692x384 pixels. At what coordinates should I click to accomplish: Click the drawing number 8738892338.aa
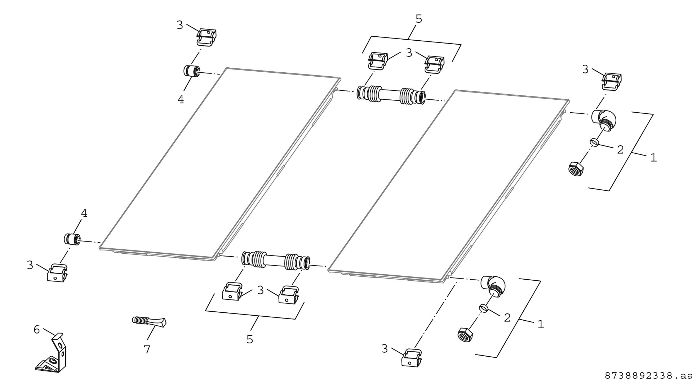(x=648, y=376)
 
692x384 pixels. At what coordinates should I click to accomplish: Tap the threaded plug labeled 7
(x=149, y=321)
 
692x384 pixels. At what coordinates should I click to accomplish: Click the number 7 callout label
(x=147, y=349)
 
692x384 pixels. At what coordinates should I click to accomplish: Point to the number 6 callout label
(x=37, y=329)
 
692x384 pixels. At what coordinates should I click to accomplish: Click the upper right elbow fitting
(x=604, y=120)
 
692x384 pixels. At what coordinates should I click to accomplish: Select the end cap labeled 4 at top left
(x=191, y=71)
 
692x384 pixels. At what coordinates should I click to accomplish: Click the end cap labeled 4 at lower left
(x=71, y=239)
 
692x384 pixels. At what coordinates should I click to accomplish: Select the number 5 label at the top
(x=418, y=19)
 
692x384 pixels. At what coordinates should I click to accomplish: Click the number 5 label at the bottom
(x=250, y=339)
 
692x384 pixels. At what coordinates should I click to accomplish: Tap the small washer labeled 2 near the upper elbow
(x=595, y=143)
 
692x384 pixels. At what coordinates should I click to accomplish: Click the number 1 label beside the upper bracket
(x=653, y=157)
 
